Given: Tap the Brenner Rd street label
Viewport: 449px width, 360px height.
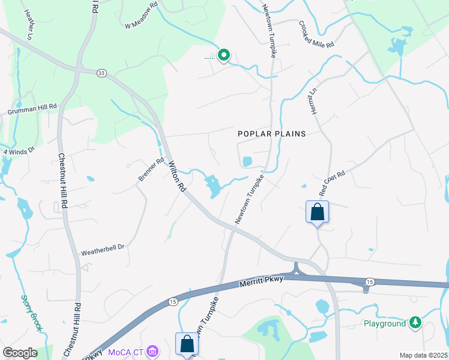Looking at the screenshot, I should pyautogui.click(x=151, y=170).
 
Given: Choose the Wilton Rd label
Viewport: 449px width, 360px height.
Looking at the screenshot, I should pyautogui.click(x=177, y=176).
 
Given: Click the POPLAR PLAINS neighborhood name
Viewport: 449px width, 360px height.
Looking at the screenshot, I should pyautogui.click(x=272, y=134).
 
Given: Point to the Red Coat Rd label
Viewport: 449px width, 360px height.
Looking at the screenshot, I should pyautogui.click(x=332, y=182).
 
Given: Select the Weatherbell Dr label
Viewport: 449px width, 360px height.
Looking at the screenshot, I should pyautogui.click(x=102, y=247).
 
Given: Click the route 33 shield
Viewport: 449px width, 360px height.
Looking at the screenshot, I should pyautogui.click(x=101, y=73).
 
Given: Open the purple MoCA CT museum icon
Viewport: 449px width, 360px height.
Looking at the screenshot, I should pyautogui.click(x=152, y=351).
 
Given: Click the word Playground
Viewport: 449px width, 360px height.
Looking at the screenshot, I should pyautogui.click(x=385, y=324).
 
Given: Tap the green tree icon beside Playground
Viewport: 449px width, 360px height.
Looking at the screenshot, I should pyautogui.click(x=415, y=323).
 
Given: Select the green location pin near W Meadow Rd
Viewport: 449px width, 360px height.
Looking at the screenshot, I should pyautogui.click(x=224, y=56).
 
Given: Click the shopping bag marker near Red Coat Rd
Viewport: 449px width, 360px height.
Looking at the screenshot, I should pyautogui.click(x=317, y=212).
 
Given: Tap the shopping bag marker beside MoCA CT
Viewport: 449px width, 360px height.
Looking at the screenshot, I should pyautogui.click(x=187, y=344).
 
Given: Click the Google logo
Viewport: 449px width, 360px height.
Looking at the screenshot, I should pyautogui.click(x=20, y=353).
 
